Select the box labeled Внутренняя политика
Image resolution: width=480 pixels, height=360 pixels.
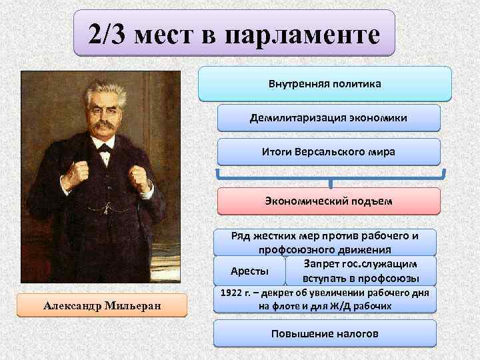click(325, 85)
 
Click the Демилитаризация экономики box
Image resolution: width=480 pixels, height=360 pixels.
click(329, 118)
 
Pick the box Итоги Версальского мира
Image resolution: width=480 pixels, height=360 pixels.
click(329, 152)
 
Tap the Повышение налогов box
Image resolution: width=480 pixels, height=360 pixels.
click(325, 333)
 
